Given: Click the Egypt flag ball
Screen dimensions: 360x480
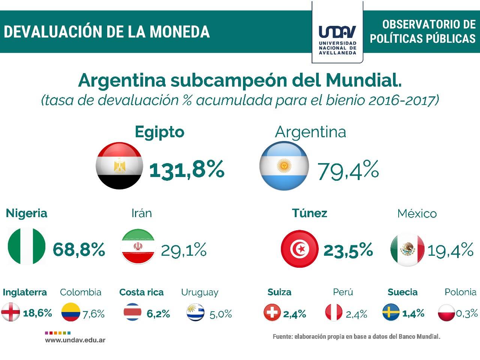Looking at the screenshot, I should pos(120,166).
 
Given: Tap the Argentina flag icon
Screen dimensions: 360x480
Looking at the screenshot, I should pos(284,166).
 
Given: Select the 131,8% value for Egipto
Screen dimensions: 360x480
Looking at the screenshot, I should pos(187,169).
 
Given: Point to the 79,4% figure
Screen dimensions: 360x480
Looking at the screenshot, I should pos(348,170).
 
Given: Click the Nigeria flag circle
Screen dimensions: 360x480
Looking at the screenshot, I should pos(26,247).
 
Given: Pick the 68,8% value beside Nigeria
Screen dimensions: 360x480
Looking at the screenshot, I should pos(79,249).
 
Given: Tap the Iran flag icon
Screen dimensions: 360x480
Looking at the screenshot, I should pos(138,247).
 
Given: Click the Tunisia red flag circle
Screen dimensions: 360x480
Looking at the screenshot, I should pos(299,249).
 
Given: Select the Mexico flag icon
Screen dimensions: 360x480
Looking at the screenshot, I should pos(407,249).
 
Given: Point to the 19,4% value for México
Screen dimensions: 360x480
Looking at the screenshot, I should pos(450,250).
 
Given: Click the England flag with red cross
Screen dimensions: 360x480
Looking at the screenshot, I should pos(10,312).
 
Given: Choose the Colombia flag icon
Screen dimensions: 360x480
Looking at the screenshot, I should pos(71,312).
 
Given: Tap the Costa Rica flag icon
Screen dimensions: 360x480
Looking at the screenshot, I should pos(133,312).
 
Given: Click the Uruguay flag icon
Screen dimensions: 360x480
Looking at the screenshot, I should pos(195,312).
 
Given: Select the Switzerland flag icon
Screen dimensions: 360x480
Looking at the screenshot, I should pos(272,312).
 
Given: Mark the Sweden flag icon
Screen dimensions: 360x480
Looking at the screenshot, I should pos(391,312).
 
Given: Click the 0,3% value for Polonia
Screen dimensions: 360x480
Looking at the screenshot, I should pos(467,313).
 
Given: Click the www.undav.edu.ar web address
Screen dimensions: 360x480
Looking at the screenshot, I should pos(75,340).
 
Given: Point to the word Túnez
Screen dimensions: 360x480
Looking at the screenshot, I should pos(309,213).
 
